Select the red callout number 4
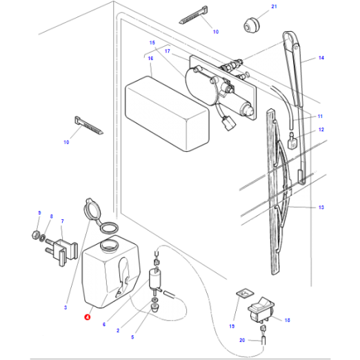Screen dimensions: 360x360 (x=86, y=317)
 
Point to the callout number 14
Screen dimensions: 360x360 (x=320, y=59)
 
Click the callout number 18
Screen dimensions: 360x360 (x=287, y=320)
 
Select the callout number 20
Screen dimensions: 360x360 (x=242, y=341)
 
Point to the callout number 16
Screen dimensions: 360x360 (x=150, y=58)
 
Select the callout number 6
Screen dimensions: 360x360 (x=103, y=324)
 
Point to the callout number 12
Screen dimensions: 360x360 (x=320, y=130)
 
